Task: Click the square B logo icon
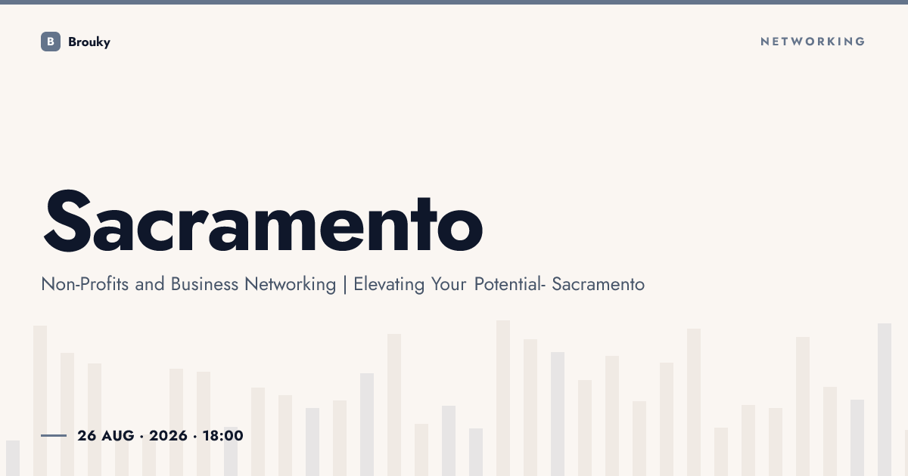point(51,42)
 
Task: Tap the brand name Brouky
point(89,42)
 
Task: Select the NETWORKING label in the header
point(813,42)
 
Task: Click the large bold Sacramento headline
point(263,221)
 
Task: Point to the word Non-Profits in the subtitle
point(85,284)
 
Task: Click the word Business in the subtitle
point(205,284)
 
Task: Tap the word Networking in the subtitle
point(291,285)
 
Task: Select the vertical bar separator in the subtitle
point(345,285)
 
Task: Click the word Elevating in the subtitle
point(389,285)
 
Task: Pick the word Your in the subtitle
point(448,284)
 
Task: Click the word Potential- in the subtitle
point(510,284)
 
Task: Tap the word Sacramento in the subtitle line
point(599,284)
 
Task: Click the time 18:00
point(223,435)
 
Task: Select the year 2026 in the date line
point(168,435)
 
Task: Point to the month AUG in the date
point(118,435)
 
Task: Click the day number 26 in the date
point(87,435)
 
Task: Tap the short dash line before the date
point(54,435)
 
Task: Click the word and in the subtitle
point(150,284)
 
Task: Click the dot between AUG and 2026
point(141,437)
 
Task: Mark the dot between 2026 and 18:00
point(195,437)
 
